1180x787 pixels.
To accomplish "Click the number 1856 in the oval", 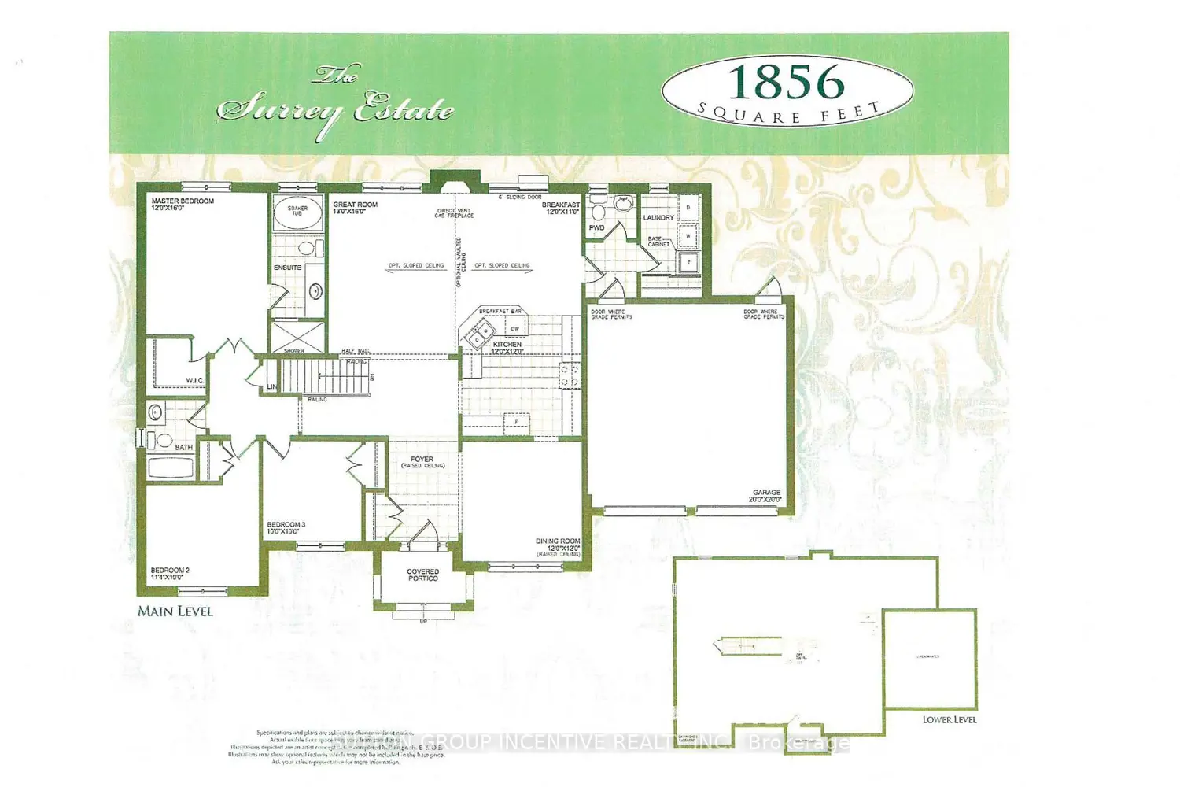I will [786, 82].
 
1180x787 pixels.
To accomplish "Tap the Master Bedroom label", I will [183, 201].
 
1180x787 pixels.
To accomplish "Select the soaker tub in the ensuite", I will [297, 212].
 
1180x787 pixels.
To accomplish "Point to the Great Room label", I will [355, 205].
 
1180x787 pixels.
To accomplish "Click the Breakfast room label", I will [560, 205].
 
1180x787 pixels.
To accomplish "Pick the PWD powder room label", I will [597, 228].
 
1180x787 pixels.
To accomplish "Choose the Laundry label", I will [658, 218].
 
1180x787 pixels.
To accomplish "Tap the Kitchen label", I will [507, 345].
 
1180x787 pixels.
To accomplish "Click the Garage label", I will [766, 493].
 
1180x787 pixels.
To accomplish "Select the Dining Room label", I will [558, 541].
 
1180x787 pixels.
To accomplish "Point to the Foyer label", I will [422, 459].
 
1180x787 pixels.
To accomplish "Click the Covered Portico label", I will [423, 575].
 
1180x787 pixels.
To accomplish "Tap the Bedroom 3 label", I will [286, 525].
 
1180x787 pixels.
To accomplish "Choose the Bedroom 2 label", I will [170, 571].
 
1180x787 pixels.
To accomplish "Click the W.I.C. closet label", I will [194, 381].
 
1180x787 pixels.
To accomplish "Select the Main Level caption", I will [175, 611].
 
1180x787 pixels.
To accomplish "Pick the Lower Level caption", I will [950, 719].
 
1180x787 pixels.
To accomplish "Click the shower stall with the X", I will [297, 336].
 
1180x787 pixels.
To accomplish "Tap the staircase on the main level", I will [326, 376].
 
